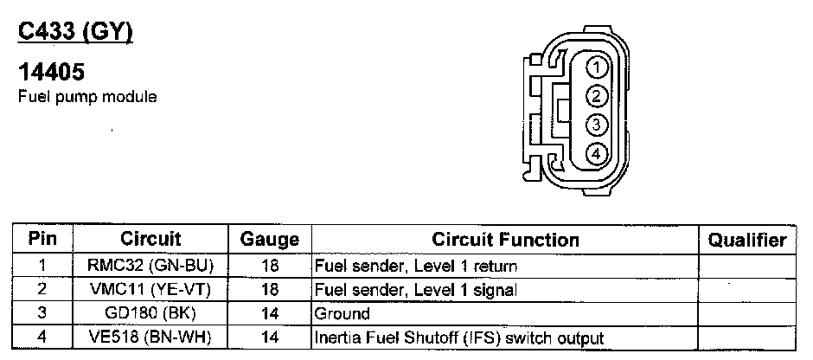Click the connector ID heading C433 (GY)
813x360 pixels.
coord(75,33)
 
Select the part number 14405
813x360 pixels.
coord(51,74)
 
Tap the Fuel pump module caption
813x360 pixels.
coord(87,98)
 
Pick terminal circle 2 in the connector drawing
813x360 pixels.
coord(596,96)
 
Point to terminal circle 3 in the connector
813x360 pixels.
coord(596,125)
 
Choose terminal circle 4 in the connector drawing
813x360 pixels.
coord(596,154)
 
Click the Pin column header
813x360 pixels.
coord(42,239)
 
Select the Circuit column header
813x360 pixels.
coord(150,239)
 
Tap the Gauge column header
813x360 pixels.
coord(269,240)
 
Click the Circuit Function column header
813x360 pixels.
coord(505,240)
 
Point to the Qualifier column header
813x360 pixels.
coord(746,240)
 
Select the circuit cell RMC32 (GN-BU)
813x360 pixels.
coord(150,267)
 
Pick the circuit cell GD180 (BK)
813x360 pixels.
coord(150,314)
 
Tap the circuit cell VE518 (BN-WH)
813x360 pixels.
coord(150,337)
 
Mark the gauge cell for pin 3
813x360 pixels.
coord(269,314)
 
